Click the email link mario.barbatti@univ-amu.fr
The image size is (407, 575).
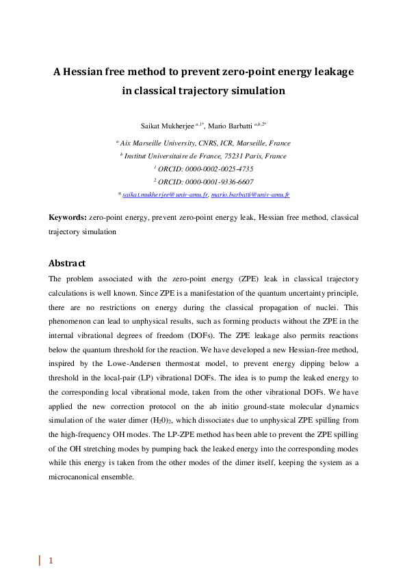tap(250, 195)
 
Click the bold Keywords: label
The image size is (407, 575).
tap(67, 217)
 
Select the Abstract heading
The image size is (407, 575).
tap(66, 263)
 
